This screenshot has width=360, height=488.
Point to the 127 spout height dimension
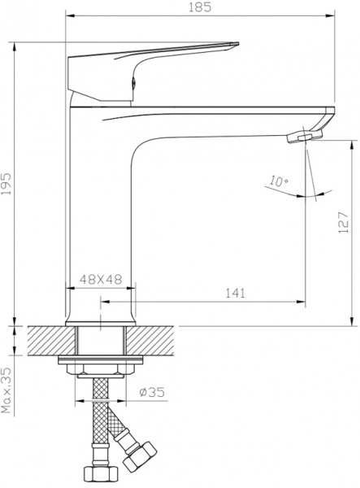(x=344, y=217)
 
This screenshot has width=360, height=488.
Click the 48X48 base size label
(x=100, y=278)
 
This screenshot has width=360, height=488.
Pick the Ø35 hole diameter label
(x=152, y=392)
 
